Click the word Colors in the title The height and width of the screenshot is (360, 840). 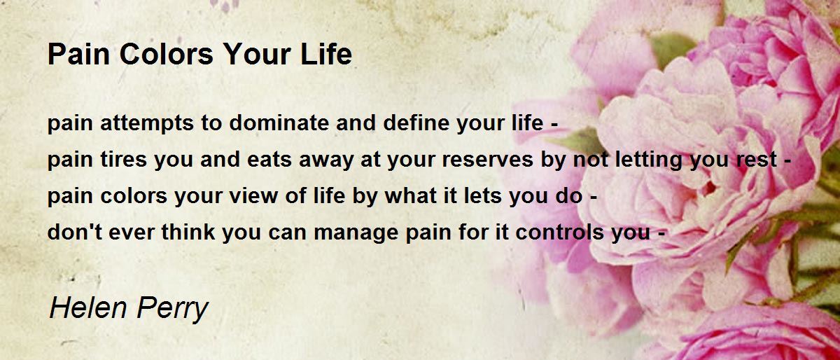click(166, 54)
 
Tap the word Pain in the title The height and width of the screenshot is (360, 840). click(78, 54)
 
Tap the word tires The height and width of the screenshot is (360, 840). click(123, 159)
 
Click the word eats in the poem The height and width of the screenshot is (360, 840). click(269, 160)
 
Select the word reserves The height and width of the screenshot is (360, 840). click(487, 160)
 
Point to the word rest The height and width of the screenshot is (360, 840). click(757, 160)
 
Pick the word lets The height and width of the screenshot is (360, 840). click(482, 196)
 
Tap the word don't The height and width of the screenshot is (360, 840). click(75, 232)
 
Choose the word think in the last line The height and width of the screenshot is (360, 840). click(188, 232)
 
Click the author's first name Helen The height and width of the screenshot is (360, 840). click(88, 307)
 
